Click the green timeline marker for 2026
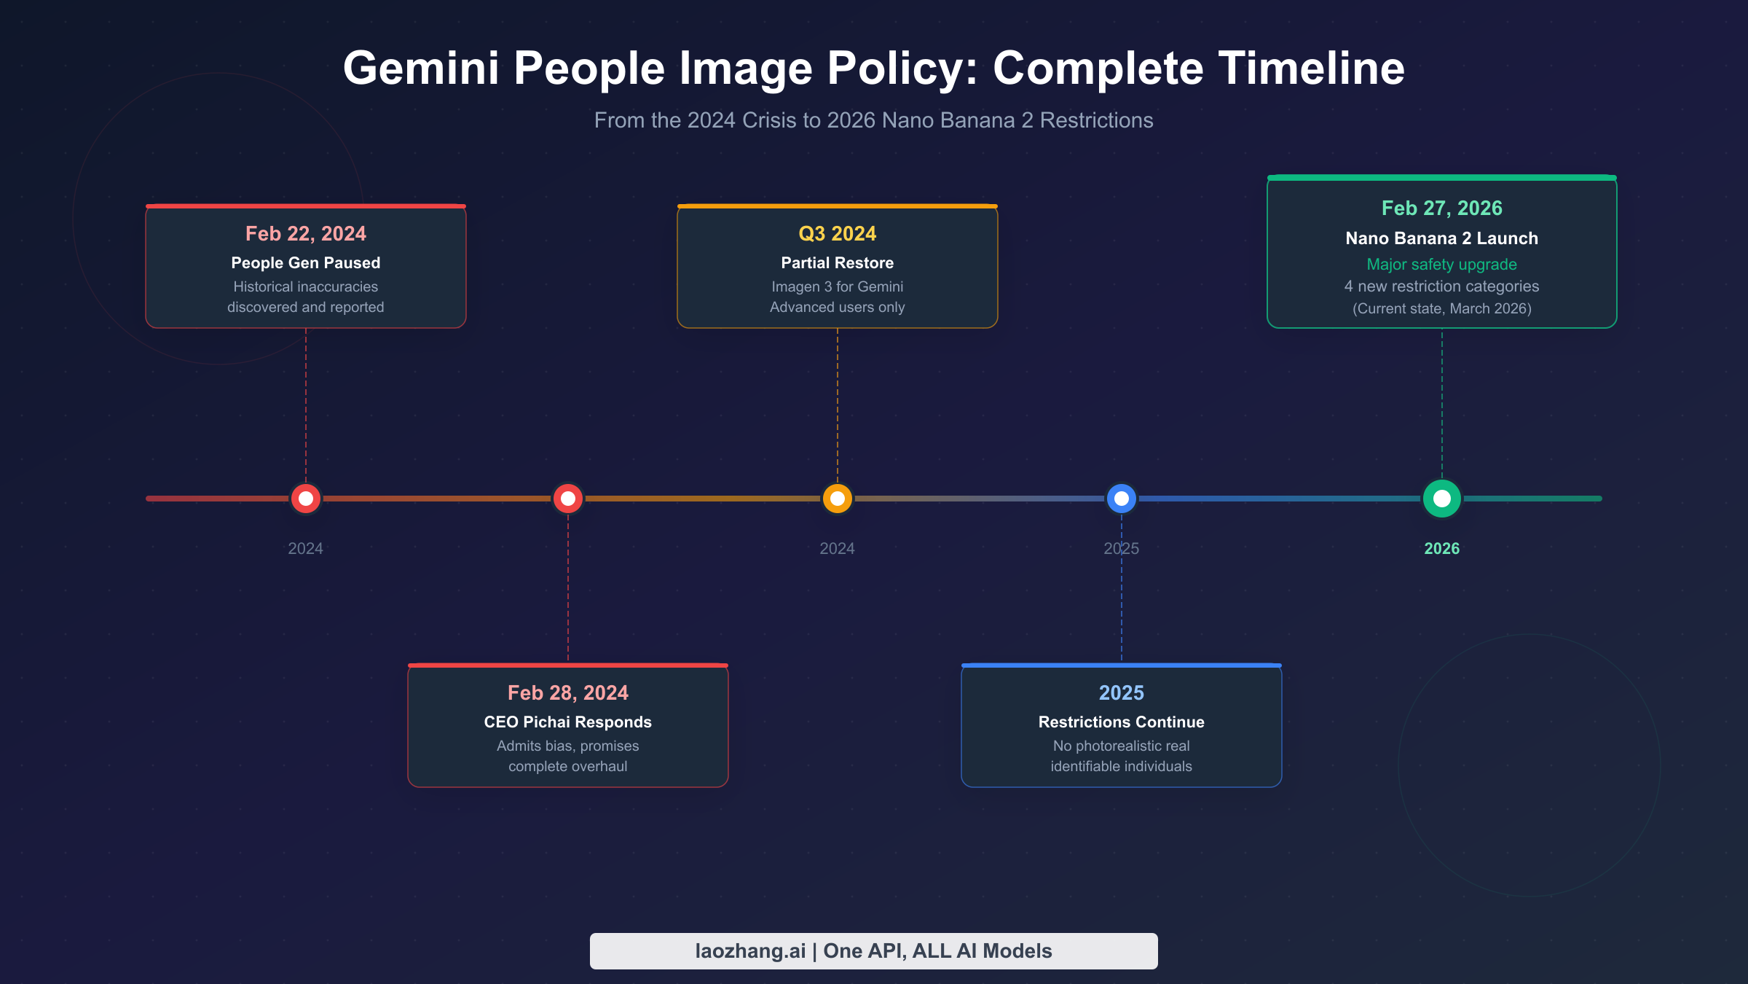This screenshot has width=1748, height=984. pos(1441,499)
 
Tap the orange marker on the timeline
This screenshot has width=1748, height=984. pos(838,499)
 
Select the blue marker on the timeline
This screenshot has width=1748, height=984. pos(1122,499)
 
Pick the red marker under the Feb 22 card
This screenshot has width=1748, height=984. pos(306,499)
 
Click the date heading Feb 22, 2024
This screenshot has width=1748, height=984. pos(306,234)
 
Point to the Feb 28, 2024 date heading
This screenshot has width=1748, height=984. pos(568,693)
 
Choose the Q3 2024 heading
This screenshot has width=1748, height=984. pos(838,234)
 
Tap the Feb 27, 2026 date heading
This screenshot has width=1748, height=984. pos(1441,208)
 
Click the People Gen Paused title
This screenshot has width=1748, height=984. pos(306,263)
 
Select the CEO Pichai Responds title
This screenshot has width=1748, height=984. pos(568,722)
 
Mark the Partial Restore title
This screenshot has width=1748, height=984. pos(838,263)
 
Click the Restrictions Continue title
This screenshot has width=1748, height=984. pos(1122,722)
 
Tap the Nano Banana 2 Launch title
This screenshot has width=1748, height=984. pos(1441,238)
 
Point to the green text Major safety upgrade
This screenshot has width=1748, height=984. pos(1441,265)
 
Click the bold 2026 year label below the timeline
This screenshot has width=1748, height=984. pos(1441,549)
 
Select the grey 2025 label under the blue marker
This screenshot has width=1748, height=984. pos(1122,549)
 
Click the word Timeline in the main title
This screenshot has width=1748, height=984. pos(1311,69)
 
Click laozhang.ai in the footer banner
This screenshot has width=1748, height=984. pos(750,951)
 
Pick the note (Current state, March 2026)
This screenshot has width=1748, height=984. pos(1441,309)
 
